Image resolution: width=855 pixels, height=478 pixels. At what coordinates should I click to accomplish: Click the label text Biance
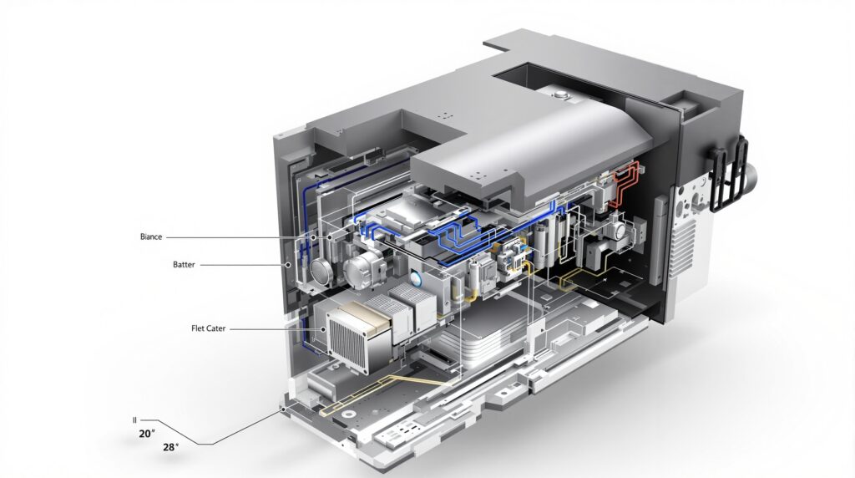click(x=151, y=236)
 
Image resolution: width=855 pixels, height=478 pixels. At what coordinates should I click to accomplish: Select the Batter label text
click(x=184, y=265)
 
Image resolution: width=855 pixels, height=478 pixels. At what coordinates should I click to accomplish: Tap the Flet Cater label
click(x=208, y=328)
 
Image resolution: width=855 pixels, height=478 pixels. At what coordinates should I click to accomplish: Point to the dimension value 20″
click(x=147, y=434)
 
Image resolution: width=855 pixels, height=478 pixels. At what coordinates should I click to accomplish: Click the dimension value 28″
click(x=170, y=447)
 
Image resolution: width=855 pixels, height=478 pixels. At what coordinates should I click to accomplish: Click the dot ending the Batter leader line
click(x=287, y=265)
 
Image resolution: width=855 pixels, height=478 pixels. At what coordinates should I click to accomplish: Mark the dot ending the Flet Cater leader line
click(x=324, y=329)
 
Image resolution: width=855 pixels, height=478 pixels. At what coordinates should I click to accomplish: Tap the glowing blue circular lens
click(x=417, y=279)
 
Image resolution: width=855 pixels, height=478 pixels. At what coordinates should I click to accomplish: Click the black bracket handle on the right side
click(x=728, y=174)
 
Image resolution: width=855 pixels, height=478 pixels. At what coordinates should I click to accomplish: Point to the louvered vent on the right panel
click(x=683, y=248)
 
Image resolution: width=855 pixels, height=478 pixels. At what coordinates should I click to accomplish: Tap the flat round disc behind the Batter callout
click(x=321, y=272)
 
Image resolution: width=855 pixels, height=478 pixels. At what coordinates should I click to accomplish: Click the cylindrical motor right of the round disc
click(x=364, y=270)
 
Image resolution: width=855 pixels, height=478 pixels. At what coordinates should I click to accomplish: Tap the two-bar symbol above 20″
click(x=134, y=420)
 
